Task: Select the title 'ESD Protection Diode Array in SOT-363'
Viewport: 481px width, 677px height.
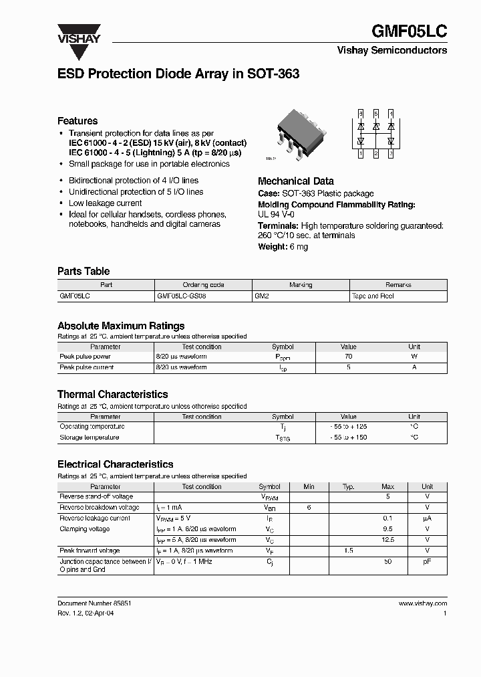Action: (x=178, y=75)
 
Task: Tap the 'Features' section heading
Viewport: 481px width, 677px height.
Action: (x=77, y=121)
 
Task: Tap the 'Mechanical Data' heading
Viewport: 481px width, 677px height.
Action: (x=296, y=181)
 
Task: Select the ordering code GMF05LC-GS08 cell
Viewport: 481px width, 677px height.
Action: (x=181, y=296)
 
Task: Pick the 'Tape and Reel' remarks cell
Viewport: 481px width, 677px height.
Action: (x=373, y=296)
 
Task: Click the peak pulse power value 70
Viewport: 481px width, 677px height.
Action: (x=348, y=357)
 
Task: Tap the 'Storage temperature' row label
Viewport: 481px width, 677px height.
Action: (x=90, y=438)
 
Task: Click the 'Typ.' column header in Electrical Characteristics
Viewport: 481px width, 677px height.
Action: (x=348, y=486)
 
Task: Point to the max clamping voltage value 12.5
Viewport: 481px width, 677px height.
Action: (x=387, y=540)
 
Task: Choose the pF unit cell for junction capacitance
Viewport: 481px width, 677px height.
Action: (x=427, y=561)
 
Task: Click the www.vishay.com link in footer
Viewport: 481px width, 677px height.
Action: (x=423, y=603)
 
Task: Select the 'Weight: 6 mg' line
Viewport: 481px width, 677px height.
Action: (x=283, y=247)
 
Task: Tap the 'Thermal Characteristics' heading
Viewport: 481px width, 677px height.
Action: (x=113, y=395)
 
